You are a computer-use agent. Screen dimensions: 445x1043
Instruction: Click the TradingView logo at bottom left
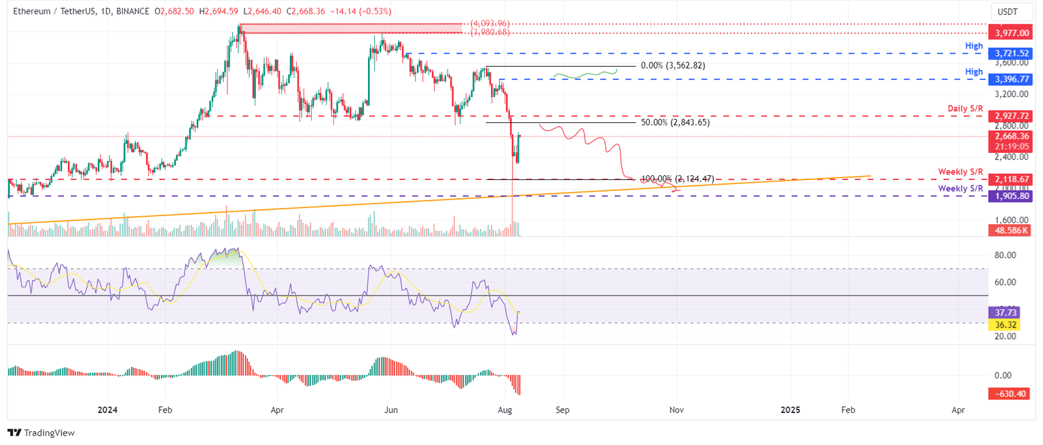41,433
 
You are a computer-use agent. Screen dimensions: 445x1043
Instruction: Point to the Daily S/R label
965,109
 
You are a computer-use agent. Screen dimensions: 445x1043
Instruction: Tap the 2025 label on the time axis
790,410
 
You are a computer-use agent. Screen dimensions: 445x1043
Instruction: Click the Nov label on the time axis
676,410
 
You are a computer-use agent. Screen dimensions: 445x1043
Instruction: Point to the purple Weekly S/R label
961,188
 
